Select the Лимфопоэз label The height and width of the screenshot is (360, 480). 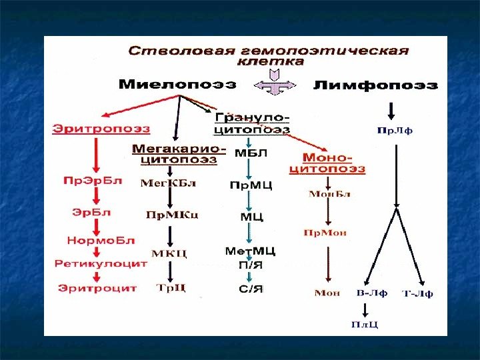375,85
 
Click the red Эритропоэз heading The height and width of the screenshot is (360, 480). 101,128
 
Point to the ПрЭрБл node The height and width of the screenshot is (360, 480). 93,181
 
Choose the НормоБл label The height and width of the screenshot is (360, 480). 99,240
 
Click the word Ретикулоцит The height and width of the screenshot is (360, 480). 100,264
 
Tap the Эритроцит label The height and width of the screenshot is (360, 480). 97,288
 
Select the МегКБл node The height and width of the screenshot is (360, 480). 170,182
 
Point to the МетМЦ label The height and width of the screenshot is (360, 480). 250,251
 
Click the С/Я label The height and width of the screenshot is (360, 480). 249,288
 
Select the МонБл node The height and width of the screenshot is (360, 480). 329,194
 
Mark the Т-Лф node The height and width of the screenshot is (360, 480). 418,293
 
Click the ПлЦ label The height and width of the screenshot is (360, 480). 365,325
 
